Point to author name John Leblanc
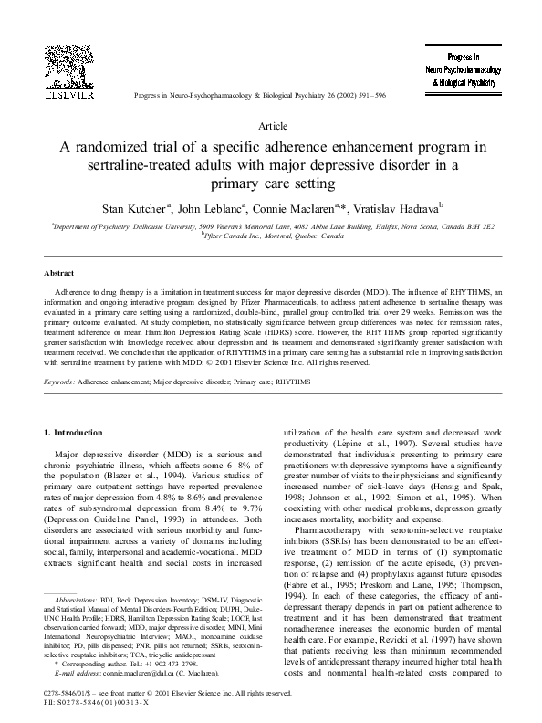(x=211, y=208)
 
